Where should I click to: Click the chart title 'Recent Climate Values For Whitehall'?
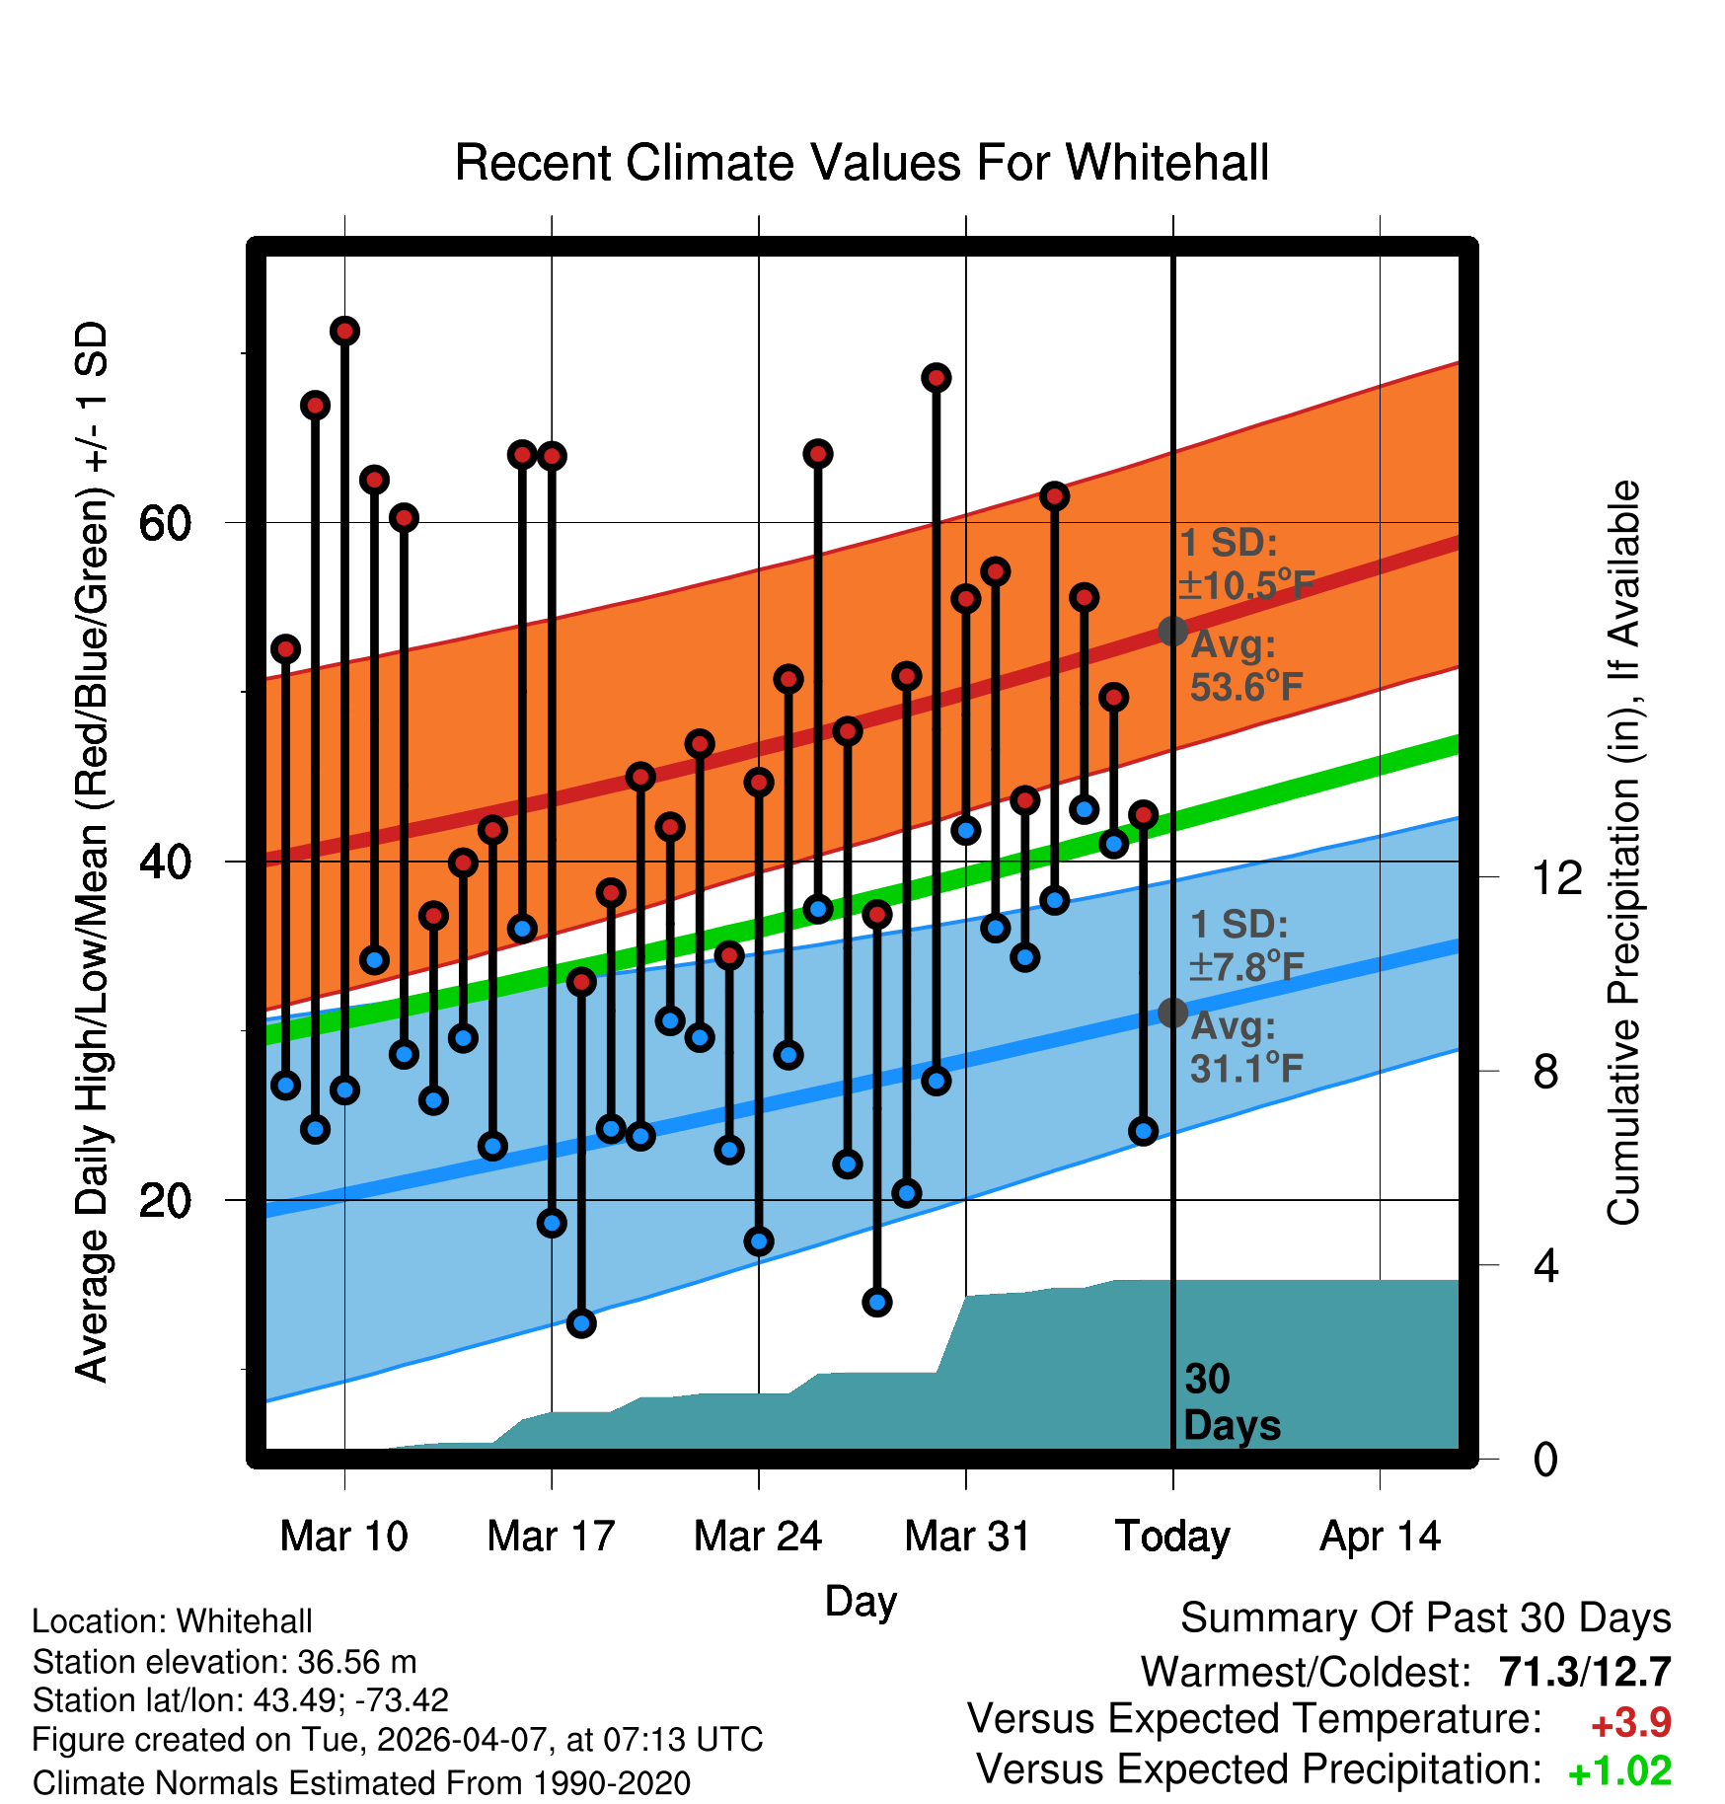click(862, 163)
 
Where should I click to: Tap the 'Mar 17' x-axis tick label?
click(551, 1537)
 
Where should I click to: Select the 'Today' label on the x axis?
click(1172, 1537)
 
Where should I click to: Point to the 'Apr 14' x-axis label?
click(1381, 1537)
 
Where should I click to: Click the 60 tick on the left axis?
click(164, 523)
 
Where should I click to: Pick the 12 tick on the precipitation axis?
click(1557, 877)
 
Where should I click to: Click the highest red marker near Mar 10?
click(344, 331)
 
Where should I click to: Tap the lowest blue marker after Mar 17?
click(581, 1323)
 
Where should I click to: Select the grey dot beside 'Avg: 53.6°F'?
click(1172, 631)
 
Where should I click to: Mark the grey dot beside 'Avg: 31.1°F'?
click(1172, 1013)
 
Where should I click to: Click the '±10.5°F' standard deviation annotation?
click(1246, 585)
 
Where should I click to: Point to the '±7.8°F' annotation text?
click(1246, 967)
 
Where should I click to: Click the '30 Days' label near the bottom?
click(1232, 1402)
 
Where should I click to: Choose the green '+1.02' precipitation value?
click(1619, 1771)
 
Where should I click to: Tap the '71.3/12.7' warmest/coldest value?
click(1585, 1672)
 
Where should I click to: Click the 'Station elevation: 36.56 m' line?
click(224, 1662)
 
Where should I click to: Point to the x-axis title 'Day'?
click(861, 1602)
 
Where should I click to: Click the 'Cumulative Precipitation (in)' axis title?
click(1623, 855)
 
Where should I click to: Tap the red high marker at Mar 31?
click(966, 599)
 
